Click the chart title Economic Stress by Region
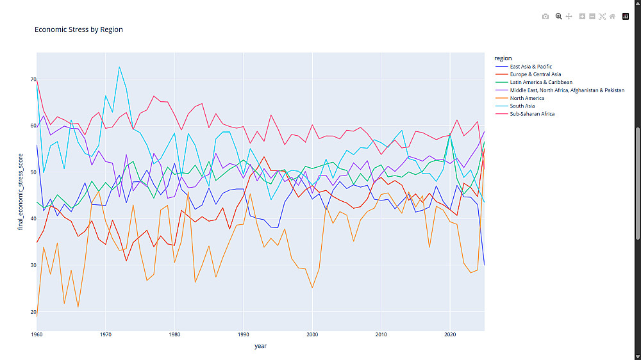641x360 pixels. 78,29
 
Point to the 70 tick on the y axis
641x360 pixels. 33,79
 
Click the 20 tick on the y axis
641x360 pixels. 33,312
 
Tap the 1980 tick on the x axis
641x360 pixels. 174,334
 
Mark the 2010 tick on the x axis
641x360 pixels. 381,334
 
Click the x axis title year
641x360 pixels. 260,346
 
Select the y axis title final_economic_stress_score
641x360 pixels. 20,192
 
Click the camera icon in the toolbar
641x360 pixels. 545,17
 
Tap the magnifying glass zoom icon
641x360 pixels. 558,17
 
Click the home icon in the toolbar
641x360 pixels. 612,17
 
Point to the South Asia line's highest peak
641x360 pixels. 119,67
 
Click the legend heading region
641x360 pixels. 503,58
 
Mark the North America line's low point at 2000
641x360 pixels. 312,288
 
